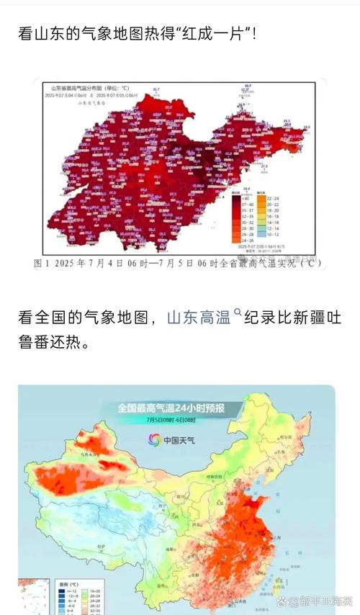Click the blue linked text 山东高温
pos(199,318)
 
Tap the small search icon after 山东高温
pos(236,314)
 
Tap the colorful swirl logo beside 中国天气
pos(154,439)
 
